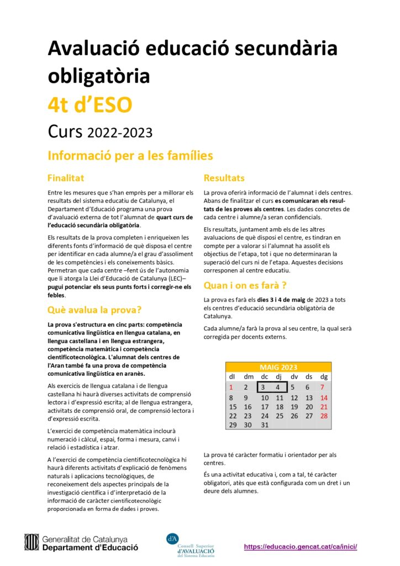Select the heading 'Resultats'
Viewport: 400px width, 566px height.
(x=224, y=179)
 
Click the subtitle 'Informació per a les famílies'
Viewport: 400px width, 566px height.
(x=130, y=155)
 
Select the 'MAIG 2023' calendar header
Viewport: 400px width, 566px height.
(x=278, y=368)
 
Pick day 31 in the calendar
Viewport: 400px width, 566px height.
(x=265, y=425)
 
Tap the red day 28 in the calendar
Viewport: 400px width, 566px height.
(x=324, y=416)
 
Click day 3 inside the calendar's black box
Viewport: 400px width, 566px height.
(x=265, y=387)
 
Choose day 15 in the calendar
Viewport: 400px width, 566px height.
(x=233, y=406)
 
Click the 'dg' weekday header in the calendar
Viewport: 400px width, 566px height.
(x=324, y=377)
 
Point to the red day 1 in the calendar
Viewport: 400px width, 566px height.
(x=232, y=387)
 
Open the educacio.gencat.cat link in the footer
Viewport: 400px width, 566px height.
(x=301, y=546)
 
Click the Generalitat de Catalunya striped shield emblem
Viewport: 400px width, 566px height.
(x=31, y=542)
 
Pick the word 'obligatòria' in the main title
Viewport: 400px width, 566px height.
(x=98, y=75)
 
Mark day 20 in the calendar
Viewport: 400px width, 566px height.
(x=309, y=406)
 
